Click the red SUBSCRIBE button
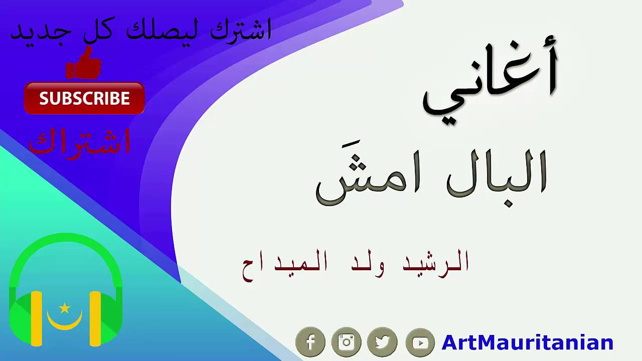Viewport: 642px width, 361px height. (84, 98)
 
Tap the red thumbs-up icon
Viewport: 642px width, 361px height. (84, 64)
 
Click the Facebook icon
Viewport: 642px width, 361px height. (310, 342)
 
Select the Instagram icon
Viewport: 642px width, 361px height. (346, 342)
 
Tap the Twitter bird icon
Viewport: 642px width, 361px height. (382, 342)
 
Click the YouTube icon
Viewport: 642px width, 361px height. (420, 342)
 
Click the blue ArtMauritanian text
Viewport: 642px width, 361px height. (527, 343)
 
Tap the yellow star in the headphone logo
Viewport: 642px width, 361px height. (64, 307)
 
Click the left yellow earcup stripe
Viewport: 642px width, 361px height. (36, 319)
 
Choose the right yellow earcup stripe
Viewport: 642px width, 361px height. (95, 319)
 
